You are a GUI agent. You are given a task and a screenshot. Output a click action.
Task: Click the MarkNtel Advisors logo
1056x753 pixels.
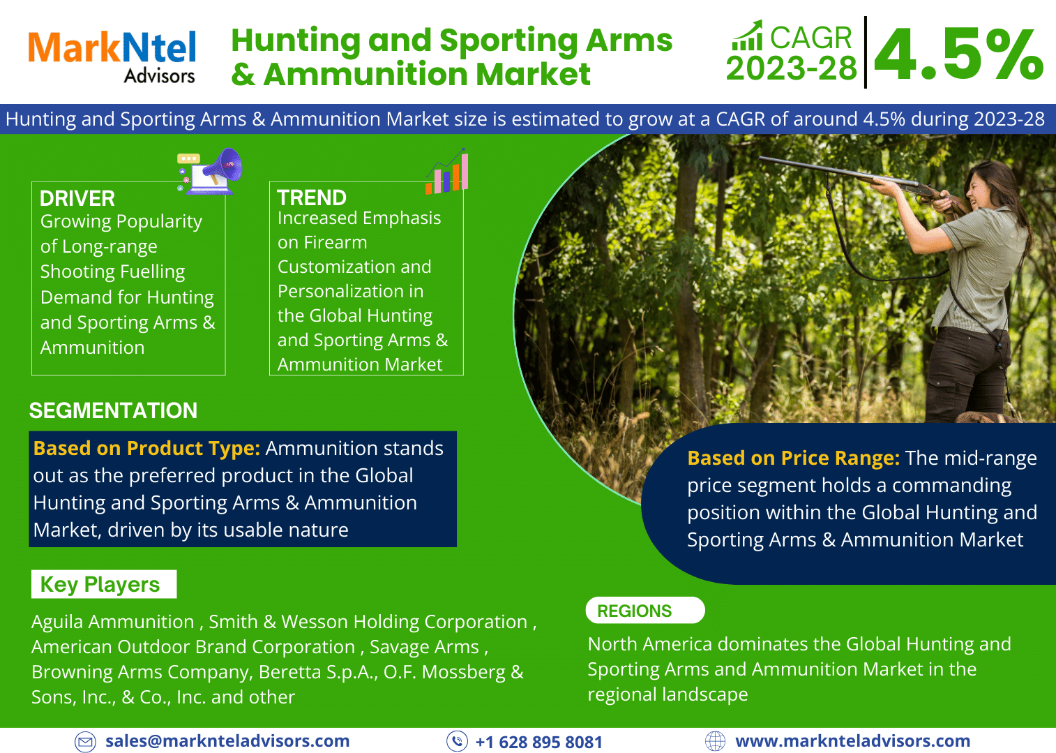coord(112,57)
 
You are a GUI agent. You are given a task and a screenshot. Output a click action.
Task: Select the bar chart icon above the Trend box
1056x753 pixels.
coord(446,171)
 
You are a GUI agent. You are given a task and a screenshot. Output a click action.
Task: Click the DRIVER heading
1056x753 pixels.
coord(77,199)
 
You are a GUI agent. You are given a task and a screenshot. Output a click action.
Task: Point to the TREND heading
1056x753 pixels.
coord(312,197)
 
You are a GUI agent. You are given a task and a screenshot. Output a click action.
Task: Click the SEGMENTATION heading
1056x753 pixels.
coord(113,410)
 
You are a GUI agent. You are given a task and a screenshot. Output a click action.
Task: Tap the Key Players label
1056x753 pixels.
coord(100,584)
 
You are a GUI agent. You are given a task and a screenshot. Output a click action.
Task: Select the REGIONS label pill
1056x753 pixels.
coord(645,611)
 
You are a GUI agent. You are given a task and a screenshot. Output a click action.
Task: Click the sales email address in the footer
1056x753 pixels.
coord(227,740)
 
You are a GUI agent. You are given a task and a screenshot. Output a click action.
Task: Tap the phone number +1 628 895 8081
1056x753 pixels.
coord(539,742)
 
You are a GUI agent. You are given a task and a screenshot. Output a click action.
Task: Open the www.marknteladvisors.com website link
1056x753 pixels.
coord(852,740)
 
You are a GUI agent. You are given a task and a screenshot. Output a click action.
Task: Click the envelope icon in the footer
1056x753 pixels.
coord(85,742)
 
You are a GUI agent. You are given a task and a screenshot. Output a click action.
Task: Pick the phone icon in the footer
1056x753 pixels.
coord(457,741)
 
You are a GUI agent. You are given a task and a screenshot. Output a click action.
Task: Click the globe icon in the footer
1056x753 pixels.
coord(715,741)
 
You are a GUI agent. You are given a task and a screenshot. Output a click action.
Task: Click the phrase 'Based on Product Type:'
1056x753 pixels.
coord(146,448)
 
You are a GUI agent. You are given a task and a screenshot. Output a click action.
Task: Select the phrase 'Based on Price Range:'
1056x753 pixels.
coord(794,458)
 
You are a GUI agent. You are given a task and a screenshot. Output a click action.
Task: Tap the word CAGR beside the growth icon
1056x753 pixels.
coord(810,37)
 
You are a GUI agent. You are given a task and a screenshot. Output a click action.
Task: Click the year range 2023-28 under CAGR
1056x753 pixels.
coord(791,68)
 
